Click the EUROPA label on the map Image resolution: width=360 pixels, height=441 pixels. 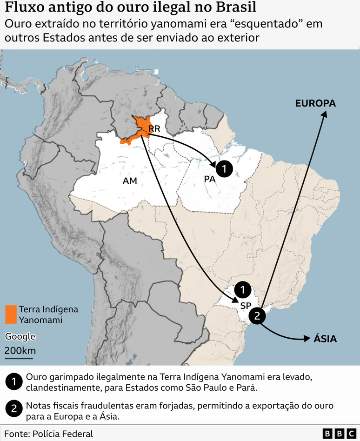click(x=315, y=103)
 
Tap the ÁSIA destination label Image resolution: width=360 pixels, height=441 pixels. click(x=325, y=339)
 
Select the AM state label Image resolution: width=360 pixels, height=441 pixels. click(x=130, y=181)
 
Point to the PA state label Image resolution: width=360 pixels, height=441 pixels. click(x=209, y=179)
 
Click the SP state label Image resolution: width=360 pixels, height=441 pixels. click(x=246, y=306)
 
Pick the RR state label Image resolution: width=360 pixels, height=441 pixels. click(x=154, y=128)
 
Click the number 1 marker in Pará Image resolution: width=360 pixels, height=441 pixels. click(x=224, y=169)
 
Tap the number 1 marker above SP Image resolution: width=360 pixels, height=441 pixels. click(x=242, y=290)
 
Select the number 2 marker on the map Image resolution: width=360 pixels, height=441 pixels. click(x=257, y=317)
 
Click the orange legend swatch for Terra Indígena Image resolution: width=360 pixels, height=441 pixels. click(x=10, y=314)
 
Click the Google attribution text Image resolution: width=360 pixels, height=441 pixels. click(x=20, y=337)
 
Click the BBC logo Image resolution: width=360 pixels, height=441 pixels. click(x=340, y=434)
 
